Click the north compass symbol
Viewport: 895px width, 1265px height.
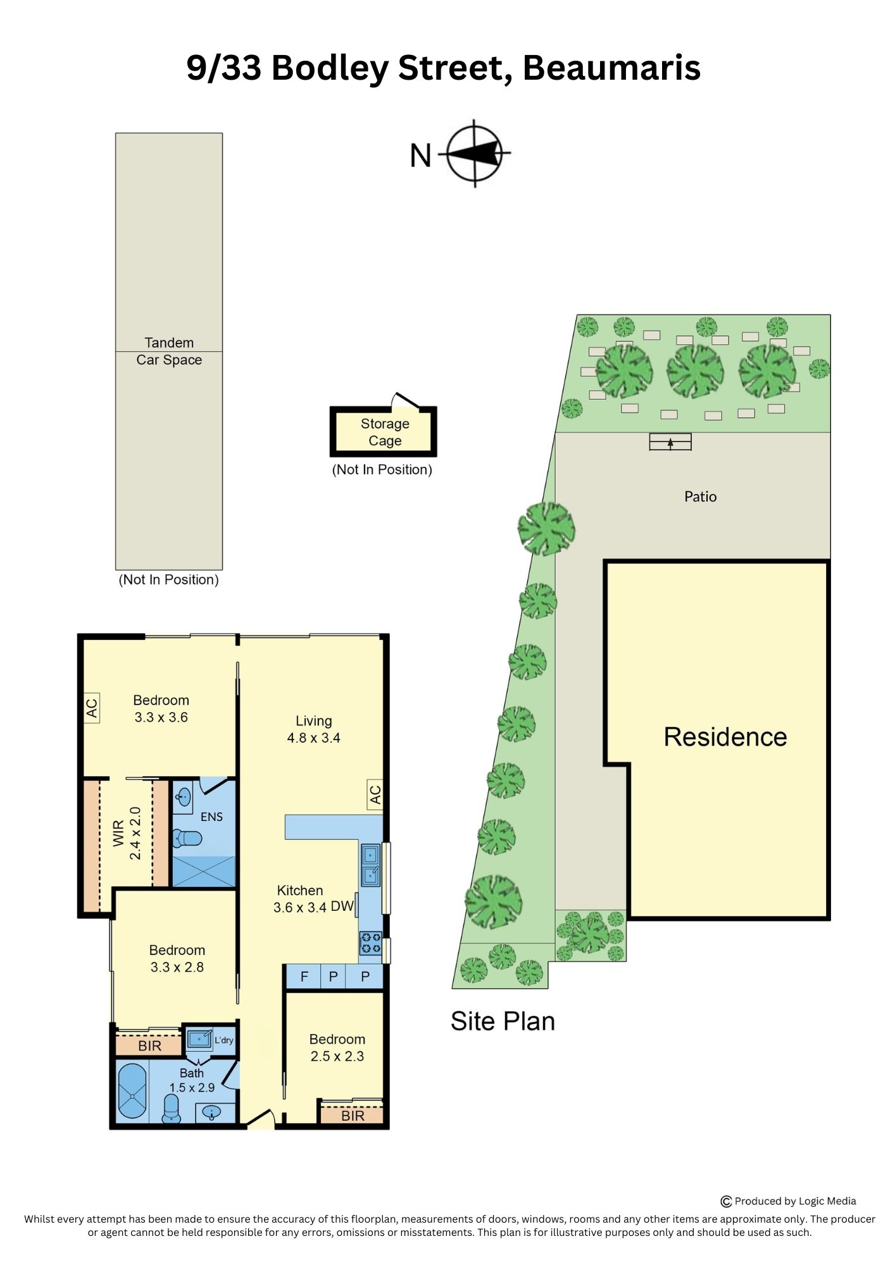476,153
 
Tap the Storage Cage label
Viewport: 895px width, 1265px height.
385,432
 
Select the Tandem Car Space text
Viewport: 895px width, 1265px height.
169,351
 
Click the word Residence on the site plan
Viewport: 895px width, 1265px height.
725,737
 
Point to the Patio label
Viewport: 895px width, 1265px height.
700,497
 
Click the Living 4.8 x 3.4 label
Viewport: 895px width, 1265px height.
313,729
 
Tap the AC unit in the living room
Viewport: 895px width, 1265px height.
375,794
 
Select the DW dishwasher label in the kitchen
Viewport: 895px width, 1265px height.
342,906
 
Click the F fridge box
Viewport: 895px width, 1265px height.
304,977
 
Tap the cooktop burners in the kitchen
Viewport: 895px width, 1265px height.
370,943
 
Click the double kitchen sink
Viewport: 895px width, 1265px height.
371,865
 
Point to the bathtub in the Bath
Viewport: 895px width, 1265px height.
132,1091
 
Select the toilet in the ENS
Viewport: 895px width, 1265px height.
187,839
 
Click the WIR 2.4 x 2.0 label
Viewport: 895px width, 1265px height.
127,833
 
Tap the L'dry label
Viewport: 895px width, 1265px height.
224,1040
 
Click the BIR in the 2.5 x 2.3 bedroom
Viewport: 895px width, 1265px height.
352,1115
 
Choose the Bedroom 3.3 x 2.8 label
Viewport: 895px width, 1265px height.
177,958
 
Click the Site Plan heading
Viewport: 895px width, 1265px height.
503,1021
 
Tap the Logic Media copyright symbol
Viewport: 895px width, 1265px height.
726,1202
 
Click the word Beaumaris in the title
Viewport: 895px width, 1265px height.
611,68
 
